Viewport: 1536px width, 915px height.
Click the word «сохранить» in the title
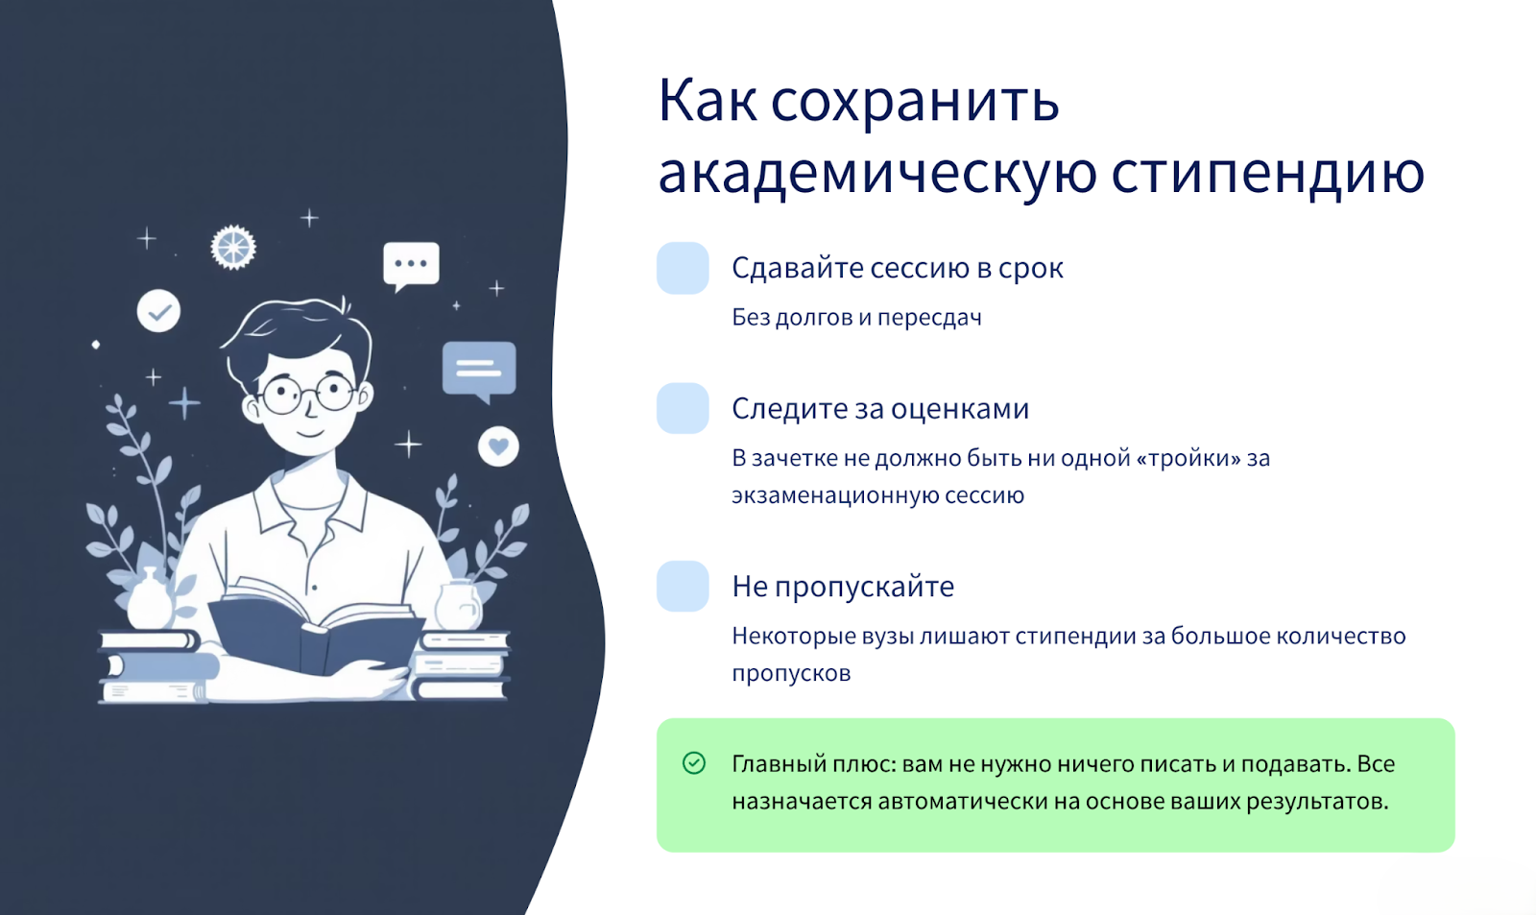pyautogui.click(x=916, y=103)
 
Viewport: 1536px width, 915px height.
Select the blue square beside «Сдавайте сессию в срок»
pyautogui.click(x=683, y=268)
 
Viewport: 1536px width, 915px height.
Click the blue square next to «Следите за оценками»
pyautogui.click(x=683, y=408)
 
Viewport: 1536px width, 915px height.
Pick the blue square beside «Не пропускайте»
pyautogui.click(x=683, y=586)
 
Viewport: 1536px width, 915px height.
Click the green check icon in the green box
pyautogui.click(x=694, y=762)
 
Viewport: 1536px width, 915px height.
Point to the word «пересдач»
pyautogui.click(x=929, y=318)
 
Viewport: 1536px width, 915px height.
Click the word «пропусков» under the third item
pyautogui.click(x=791, y=674)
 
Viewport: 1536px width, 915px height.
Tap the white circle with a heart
pyautogui.click(x=498, y=446)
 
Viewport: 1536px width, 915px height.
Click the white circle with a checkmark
pyautogui.click(x=158, y=311)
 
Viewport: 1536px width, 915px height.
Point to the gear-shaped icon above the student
pyautogui.click(x=233, y=247)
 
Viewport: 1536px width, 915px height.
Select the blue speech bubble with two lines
pyautogui.click(x=479, y=371)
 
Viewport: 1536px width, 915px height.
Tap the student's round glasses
pyautogui.click(x=307, y=395)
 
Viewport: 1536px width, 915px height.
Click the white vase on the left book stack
pyautogui.click(x=150, y=599)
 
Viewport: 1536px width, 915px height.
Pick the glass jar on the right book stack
pyautogui.click(x=458, y=605)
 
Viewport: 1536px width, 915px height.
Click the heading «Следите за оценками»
pyautogui.click(x=880, y=409)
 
